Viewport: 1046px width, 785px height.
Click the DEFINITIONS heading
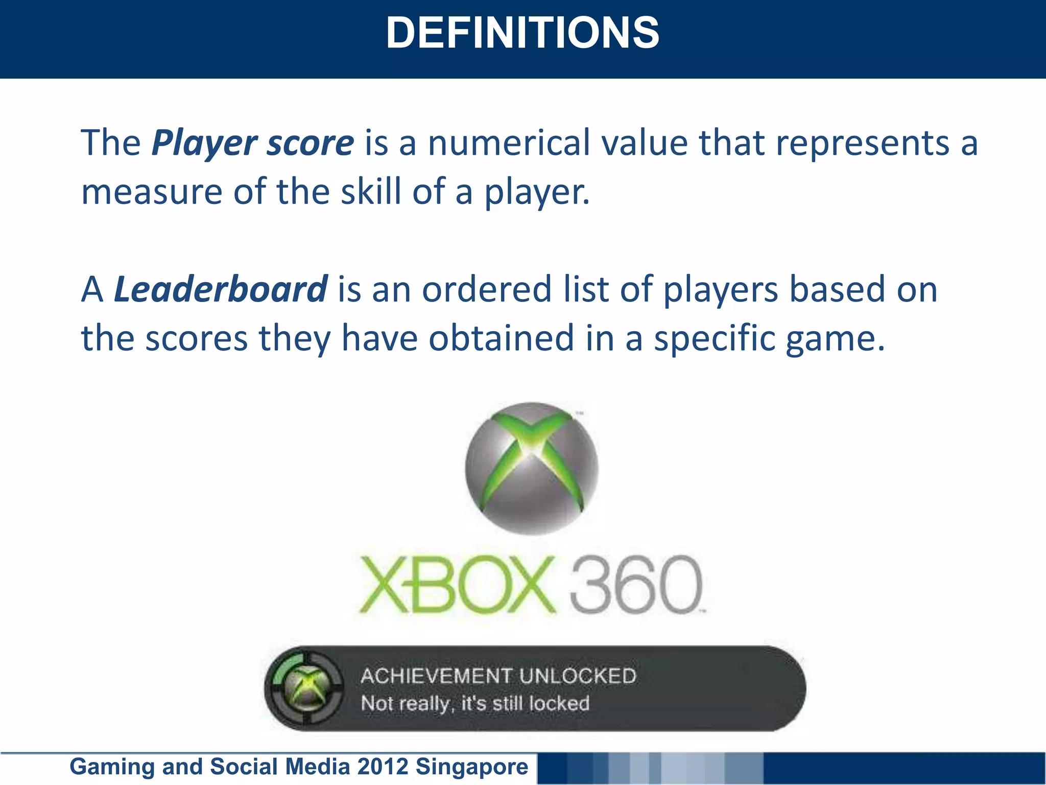522,33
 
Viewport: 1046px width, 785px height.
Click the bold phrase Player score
253,143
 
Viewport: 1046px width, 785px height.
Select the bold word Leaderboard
220,289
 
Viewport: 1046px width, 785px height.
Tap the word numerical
509,143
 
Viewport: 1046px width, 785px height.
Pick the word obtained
502,338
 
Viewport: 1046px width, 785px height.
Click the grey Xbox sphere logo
532,468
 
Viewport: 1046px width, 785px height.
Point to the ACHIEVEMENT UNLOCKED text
498,676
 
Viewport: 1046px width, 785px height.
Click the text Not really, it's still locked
475,704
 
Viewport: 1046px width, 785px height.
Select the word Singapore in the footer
472,767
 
